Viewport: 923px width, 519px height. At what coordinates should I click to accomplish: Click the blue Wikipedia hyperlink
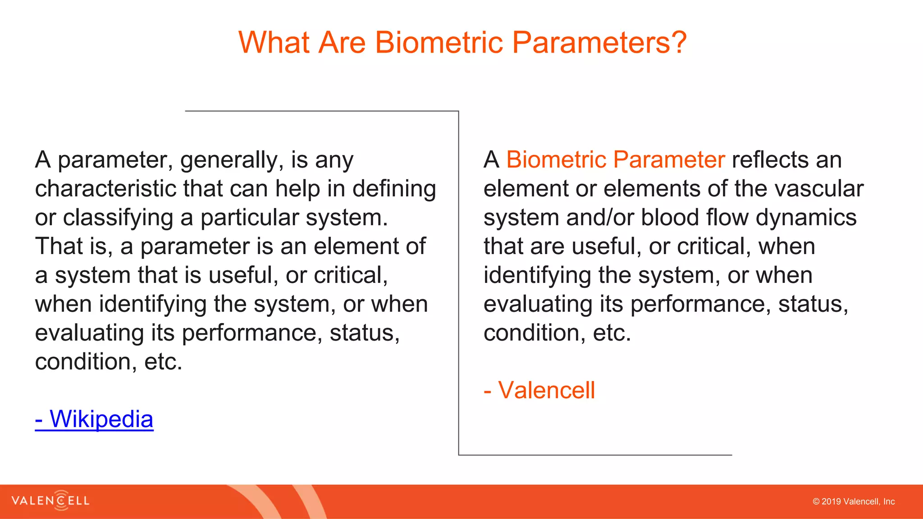(94, 419)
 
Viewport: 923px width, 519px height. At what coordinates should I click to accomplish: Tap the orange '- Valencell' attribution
(539, 390)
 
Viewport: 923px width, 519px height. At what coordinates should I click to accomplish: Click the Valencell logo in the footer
(50, 501)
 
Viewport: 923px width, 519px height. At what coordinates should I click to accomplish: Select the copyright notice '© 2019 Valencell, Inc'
(853, 501)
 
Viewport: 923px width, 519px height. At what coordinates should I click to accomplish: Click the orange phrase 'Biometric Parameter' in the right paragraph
(615, 160)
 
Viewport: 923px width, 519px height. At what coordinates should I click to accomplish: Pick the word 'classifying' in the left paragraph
(118, 218)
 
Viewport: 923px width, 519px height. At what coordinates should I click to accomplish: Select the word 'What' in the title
(274, 43)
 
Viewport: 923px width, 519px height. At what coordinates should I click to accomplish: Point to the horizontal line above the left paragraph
(322, 111)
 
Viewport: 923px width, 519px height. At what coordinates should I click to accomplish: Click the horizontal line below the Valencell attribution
(595, 455)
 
